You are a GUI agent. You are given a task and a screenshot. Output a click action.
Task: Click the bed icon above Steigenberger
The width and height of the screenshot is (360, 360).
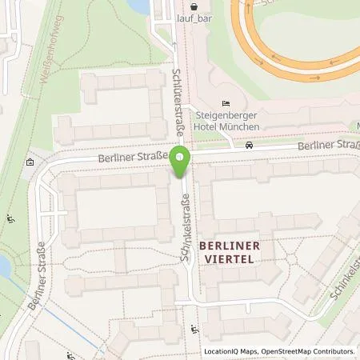226,103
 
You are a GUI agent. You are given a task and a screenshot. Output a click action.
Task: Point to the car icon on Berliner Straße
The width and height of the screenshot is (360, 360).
250,146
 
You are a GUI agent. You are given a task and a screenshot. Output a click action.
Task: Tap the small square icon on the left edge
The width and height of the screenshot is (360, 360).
30,162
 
